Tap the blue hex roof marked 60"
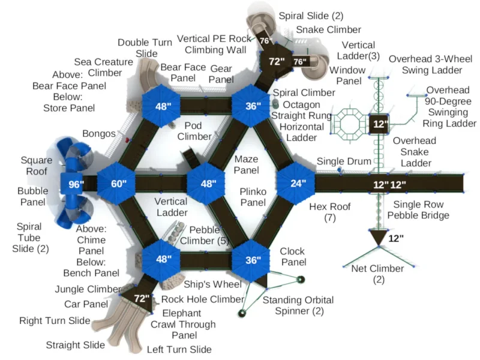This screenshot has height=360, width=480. point(116,183)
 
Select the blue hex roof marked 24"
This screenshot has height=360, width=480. point(296,183)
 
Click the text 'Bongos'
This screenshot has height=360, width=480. point(99,134)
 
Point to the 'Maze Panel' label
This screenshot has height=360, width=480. point(247,164)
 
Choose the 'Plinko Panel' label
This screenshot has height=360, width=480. point(253,197)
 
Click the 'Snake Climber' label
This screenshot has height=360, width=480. point(328,29)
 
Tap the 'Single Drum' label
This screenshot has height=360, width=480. point(344,161)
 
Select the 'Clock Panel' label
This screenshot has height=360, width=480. point(293,257)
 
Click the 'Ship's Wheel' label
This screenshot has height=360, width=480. point(212,284)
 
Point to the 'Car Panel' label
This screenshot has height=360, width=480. point(86,304)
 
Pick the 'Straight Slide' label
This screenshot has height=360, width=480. point(76,345)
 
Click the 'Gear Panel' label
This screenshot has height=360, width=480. point(221,74)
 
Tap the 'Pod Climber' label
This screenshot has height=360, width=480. point(194,131)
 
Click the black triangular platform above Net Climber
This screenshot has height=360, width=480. point(379,236)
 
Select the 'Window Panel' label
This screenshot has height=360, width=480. point(348,76)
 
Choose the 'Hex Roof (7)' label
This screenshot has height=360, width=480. point(329,212)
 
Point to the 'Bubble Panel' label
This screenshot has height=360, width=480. point(33,197)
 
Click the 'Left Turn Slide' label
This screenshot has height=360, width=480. point(179,350)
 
